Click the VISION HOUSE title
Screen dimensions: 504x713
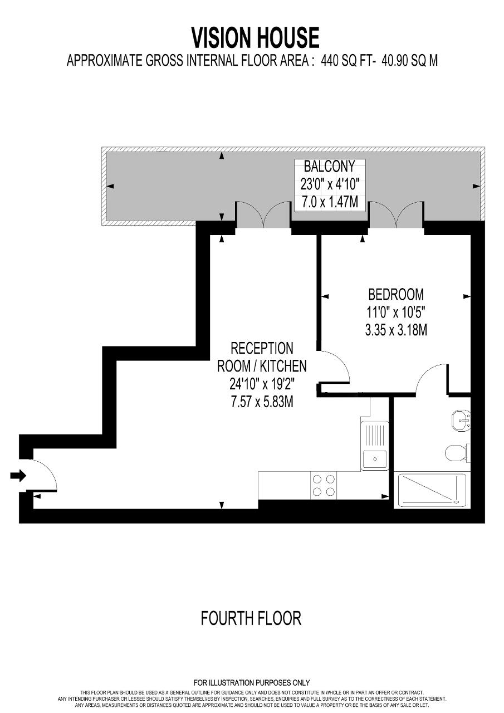pyautogui.click(x=255, y=38)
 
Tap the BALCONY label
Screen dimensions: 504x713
pyautogui.click(x=329, y=167)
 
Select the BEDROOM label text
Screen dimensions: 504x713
pyautogui.click(x=396, y=295)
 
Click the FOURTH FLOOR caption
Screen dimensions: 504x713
pyautogui.click(x=251, y=618)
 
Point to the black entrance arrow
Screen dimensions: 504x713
pyautogui.click(x=18, y=476)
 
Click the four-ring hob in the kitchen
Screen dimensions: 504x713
pyautogui.click(x=324, y=485)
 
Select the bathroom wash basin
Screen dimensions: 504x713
pyautogui.click(x=461, y=421)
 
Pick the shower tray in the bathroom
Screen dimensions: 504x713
pyautogui.click(x=430, y=491)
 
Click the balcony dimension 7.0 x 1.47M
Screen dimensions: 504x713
pyautogui.click(x=330, y=202)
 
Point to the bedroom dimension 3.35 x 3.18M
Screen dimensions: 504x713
pyautogui.click(x=396, y=330)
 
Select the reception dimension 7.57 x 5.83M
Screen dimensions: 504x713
pyautogui.click(x=262, y=402)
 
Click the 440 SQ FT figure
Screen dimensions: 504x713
pyautogui.click(x=347, y=60)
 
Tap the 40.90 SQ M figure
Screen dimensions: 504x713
pyautogui.click(x=409, y=60)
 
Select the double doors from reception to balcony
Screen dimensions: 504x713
pyautogui.click(x=263, y=214)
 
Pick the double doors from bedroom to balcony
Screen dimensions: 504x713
pyautogui.click(x=397, y=214)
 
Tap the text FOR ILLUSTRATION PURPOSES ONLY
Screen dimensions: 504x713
pyautogui.click(x=251, y=682)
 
